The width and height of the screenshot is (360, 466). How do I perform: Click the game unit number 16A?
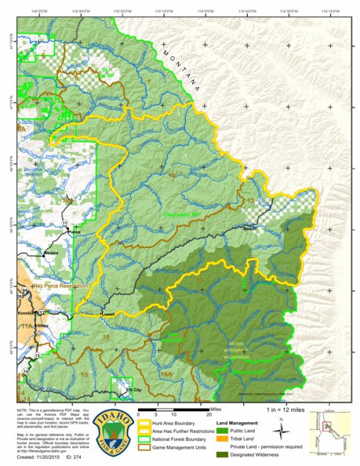click(165, 375)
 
